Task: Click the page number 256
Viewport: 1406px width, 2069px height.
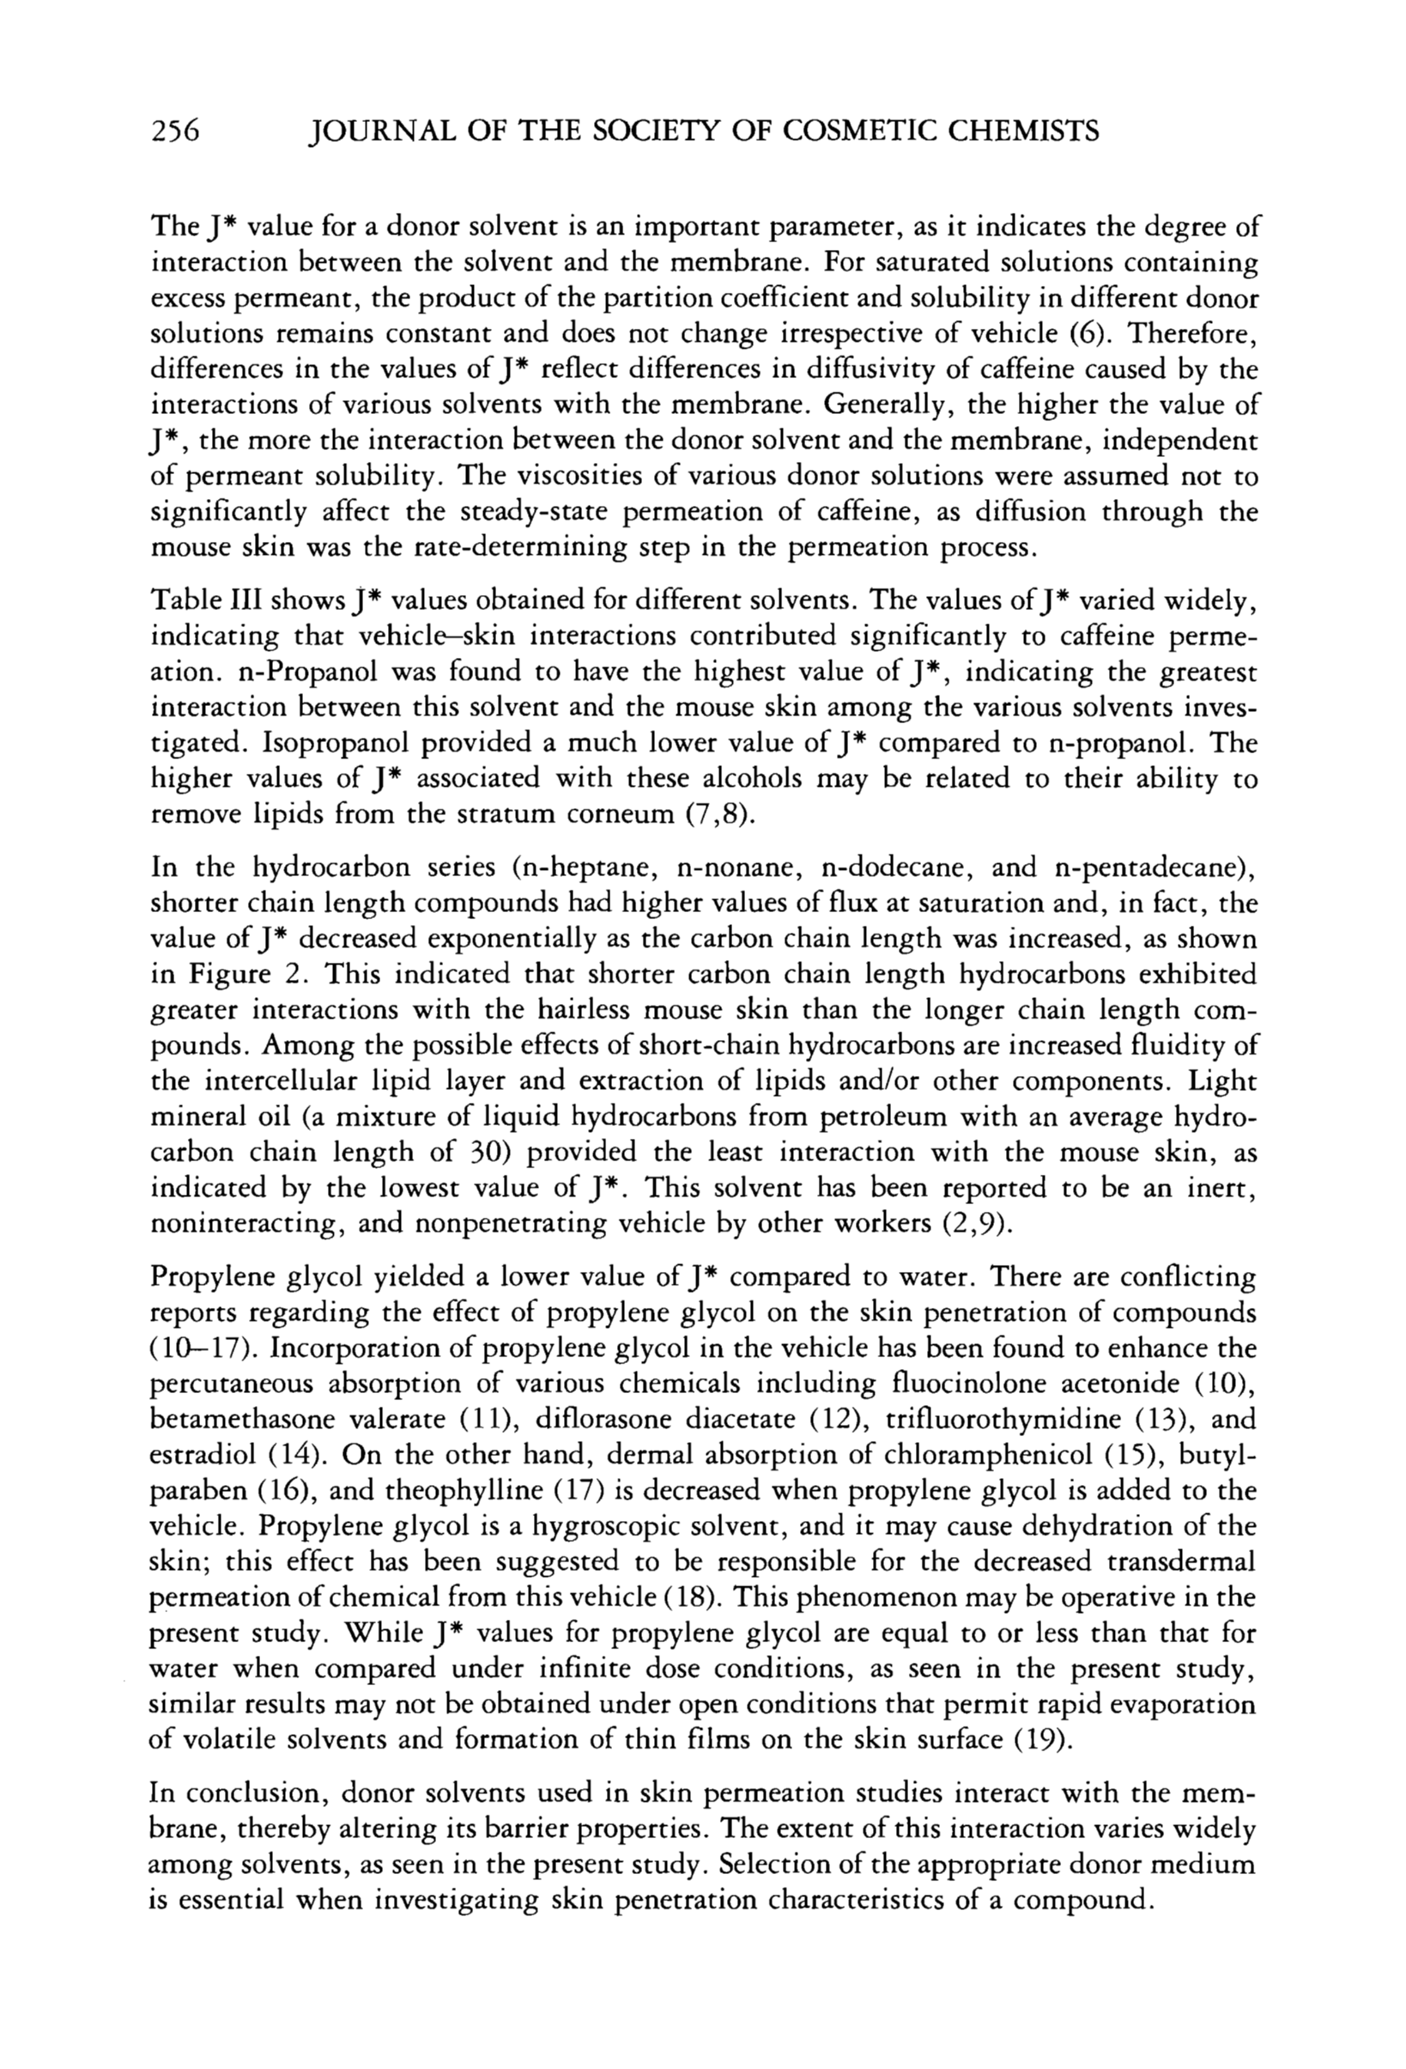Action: click(x=178, y=131)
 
